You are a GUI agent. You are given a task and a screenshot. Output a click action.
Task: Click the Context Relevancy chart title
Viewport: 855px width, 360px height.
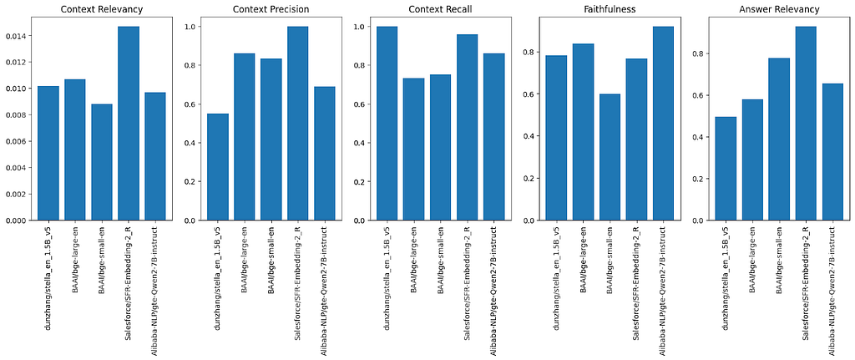pyautogui.click(x=101, y=8)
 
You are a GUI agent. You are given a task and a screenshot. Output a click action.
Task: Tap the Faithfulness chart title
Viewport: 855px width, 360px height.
pyautogui.click(x=606, y=8)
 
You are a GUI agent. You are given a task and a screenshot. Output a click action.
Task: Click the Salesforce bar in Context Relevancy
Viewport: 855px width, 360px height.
pyautogui.click(x=128, y=124)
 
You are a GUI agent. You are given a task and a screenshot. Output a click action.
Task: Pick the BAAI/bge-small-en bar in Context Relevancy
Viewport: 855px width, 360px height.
pyautogui.click(x=101, y=162)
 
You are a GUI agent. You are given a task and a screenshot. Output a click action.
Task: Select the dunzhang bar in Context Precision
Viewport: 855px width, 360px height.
pyautogui.click(x=218, y=167)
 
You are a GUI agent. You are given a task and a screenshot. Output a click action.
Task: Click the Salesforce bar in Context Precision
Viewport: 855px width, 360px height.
pyautogui.click(x=298, y=124)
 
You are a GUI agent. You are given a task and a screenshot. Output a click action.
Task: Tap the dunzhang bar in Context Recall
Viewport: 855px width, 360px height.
pyautogui.click(x=387, y=124)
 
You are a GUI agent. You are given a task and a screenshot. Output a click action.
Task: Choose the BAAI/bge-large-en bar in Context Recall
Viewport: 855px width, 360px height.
pyautogui.click(x=414, y=150)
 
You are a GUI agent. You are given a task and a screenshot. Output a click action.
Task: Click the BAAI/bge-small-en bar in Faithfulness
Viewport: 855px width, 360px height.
pyautogui.click(x=610, y=157)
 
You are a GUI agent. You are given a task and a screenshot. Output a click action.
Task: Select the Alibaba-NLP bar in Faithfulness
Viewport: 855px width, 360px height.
pyautogui.click(x=663, y=124)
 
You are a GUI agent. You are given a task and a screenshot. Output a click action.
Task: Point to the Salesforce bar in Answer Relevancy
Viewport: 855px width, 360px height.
pyautogui.click(x=806, y=124)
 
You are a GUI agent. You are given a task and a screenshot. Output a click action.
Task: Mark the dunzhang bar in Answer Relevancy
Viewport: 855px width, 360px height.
pyautogui.click(x=726, y=169)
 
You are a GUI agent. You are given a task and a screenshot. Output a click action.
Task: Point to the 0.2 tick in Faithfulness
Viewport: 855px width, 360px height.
pyautogui.click(x=534, y=179)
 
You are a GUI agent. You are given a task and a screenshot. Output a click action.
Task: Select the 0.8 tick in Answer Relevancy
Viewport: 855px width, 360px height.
pyautogui.click(x=703, y=53)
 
